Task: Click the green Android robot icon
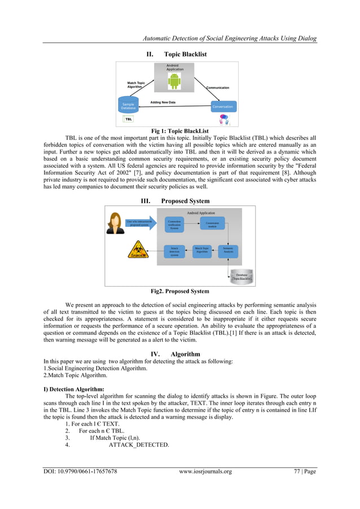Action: (x=174, y=80)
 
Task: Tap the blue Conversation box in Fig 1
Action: (x=222, y=106)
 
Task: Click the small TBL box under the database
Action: (x=129, y=120)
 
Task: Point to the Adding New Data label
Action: (x=163, y=102)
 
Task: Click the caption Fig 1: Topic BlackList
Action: (x=180, y=130)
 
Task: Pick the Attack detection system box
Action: (x=175, y=251)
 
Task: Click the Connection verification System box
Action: (x=174, y=225)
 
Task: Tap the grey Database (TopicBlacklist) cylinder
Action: (x=242, y=277)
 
